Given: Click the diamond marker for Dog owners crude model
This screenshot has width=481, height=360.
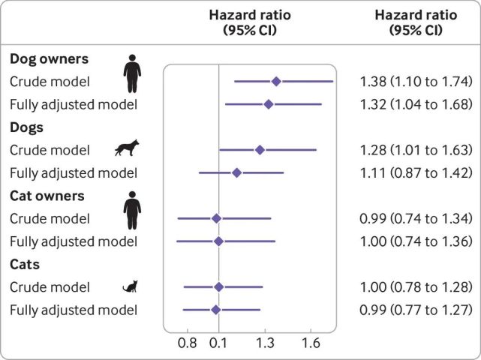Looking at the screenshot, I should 276,81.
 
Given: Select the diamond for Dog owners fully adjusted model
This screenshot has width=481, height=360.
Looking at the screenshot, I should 268,103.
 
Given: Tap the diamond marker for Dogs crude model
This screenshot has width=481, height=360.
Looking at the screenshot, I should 260,150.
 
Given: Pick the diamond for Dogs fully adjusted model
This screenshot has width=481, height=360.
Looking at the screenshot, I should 236,172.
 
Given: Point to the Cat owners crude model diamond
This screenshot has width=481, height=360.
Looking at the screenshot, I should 216,218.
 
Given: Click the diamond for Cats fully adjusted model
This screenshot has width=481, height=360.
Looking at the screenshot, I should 216,309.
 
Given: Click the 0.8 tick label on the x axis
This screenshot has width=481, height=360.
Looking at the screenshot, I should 188,343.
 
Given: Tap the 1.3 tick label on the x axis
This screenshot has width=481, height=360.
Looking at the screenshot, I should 265,343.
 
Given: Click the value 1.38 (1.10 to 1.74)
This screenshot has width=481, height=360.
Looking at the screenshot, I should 415,81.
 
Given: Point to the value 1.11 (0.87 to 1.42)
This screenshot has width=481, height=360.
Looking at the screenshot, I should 415,172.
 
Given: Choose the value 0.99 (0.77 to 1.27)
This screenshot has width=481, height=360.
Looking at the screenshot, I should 415,309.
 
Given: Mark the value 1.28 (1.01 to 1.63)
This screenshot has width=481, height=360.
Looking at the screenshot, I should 415,150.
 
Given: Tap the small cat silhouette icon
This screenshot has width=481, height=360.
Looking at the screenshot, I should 131,286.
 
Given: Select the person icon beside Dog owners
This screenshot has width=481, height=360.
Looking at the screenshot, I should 133,73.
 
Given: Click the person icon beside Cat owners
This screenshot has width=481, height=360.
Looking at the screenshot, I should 133,211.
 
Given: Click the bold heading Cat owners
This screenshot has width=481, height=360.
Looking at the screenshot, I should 47,196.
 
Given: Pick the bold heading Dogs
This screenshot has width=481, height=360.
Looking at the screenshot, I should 26,127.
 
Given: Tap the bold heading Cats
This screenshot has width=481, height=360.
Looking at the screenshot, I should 25,264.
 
